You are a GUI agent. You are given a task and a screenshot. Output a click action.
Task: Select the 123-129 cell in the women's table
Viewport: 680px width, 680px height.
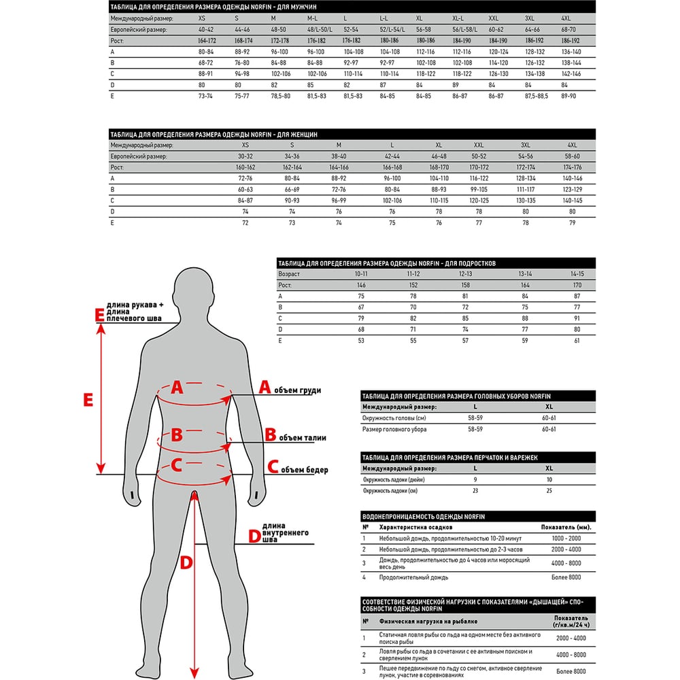tap(572, 188)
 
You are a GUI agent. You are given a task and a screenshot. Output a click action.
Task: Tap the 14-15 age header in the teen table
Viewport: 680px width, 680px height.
tap(577, 273)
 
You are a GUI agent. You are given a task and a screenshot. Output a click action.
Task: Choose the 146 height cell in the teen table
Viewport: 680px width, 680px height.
tap(361, 285)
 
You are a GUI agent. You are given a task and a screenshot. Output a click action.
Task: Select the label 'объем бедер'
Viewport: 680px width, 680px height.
tap(304, 470)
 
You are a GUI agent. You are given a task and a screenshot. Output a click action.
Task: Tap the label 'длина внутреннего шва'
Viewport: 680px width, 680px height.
tap(286, 534)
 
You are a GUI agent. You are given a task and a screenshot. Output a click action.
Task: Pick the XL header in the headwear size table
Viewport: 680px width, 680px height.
tap(549, 407)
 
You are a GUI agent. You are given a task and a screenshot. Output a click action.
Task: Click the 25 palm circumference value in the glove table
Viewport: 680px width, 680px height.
tap(549, 490)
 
